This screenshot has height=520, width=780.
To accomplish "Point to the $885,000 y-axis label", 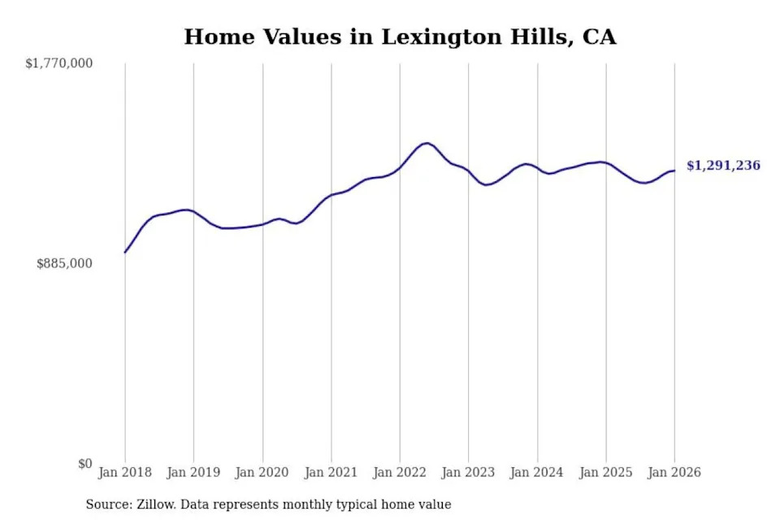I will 64,263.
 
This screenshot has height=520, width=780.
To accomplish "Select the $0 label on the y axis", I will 84,464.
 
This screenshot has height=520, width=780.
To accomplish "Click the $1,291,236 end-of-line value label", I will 723,166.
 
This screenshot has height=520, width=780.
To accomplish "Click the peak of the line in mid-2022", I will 426,143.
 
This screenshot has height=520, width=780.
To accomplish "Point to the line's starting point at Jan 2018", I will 125,253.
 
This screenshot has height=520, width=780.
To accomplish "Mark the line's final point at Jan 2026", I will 674,171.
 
